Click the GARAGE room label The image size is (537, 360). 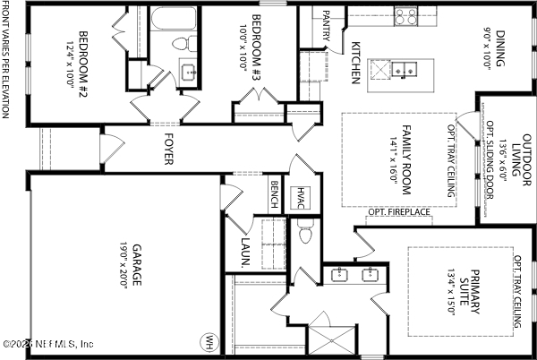pos(137,265)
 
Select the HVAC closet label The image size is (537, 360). pos(303,197)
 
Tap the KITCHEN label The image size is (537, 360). pos(355,63)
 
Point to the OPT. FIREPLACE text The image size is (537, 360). pos(399,212)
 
